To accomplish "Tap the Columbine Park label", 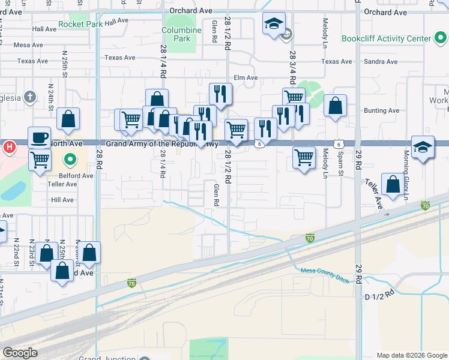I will (x=182, y=34).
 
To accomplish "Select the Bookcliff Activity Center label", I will (x=386, y=39).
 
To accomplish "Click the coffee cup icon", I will (x=40, y=137).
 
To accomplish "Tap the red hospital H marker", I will (x=10, y=146).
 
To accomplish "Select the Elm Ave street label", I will (x=246, y=77).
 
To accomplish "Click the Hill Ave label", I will (x=62, y=200).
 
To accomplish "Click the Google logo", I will (x=20, y=353).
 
